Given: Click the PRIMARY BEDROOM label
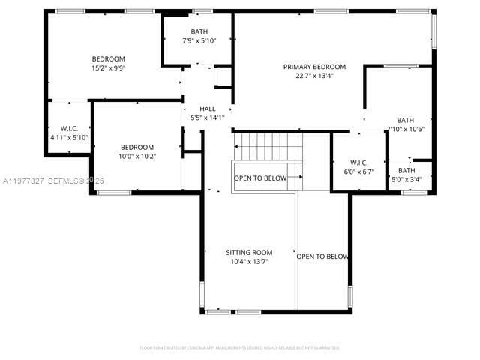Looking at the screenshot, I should (x=314, y=67).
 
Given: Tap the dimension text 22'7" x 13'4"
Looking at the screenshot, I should (x=314, y=75).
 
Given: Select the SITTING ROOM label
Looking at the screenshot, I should (x=249, y=252).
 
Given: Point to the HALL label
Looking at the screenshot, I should (x=207, y=109).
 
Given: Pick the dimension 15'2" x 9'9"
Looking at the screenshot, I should (x=108, y=67).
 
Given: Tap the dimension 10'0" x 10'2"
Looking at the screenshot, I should (x=137, y=156).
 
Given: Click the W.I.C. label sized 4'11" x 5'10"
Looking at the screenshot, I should (x=69, y=129).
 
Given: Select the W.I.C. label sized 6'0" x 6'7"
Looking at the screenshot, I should (x=358, y=163).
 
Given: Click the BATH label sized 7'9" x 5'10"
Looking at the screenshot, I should (x=199, y=31).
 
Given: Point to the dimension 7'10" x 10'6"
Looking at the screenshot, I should (x=406, y=129).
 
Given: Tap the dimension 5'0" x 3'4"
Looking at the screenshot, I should (x=406, y=179).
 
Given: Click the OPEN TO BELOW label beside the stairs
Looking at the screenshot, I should (x=260, y=178).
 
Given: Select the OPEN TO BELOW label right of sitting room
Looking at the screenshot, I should (x=322, y=256).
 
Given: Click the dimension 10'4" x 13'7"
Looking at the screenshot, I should (x=249, y=261).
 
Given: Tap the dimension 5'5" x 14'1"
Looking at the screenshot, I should (x=207, y=118).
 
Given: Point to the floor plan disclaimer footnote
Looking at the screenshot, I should (x=239, y=347).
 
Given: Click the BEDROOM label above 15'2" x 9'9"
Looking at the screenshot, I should (x=108, y=58).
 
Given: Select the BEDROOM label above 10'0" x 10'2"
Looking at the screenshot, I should (x=137, y=147).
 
